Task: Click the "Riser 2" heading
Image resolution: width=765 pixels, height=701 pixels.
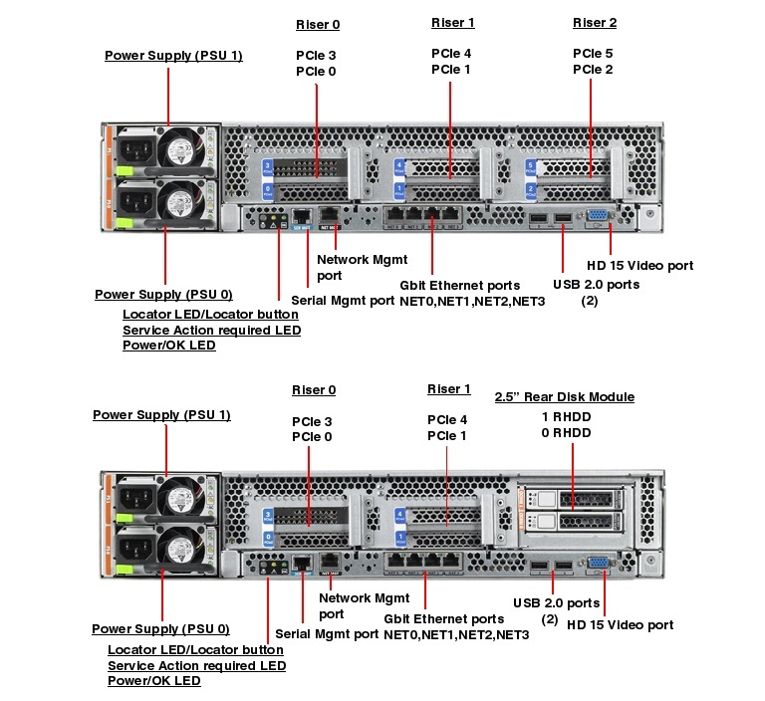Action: [x=594, y=23]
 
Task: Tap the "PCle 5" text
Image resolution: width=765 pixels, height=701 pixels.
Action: [x=593, y=53]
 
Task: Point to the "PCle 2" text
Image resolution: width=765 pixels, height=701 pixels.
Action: [x=593, y=70]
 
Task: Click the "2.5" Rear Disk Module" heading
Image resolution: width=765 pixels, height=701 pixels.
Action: [x=565, y=396]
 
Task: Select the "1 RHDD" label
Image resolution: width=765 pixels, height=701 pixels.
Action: [x=566, y=415]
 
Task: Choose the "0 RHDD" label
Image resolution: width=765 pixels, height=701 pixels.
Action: [x=566, y=432]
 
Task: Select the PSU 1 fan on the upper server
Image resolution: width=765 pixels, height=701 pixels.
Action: [x=181, y=150]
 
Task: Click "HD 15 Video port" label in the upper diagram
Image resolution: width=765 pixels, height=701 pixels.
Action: [x=639, y=266]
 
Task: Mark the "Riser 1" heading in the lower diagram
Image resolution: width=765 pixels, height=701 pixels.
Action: [x=449, y=389]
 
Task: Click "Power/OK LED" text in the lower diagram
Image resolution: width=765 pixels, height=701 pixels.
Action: [x=153, y=681]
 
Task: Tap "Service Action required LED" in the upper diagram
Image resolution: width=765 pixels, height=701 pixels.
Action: [x=211, y=331]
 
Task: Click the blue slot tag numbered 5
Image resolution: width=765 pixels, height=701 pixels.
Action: [x=531, y=166]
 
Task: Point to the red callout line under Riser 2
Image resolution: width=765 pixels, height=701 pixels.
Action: [x=592, y=129]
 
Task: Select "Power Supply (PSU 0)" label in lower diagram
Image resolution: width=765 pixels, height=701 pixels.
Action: [x=160, y=629]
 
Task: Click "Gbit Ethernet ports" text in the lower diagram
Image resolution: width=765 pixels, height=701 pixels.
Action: [x=444, y=618]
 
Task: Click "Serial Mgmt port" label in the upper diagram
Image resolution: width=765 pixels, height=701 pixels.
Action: [x=343, y=300]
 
